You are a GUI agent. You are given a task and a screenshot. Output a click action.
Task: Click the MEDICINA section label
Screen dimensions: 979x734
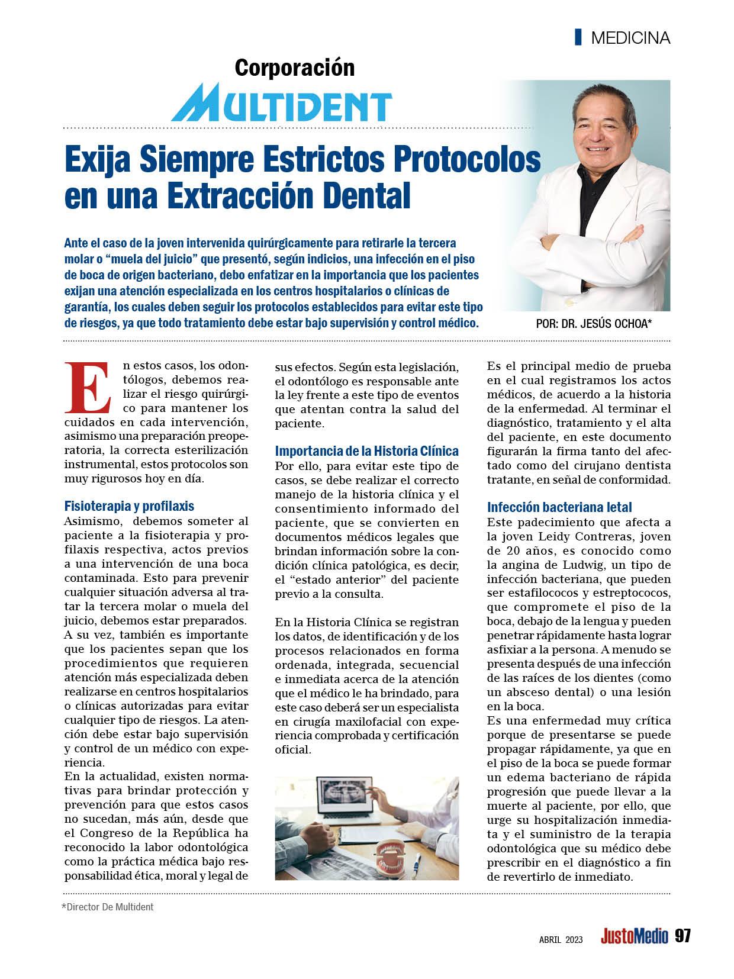pos(630,38)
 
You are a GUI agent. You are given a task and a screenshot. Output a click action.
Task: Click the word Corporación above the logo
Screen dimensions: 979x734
pos(294,67)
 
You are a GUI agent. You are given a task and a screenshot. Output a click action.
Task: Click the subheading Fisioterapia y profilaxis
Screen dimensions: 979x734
pos(129,506)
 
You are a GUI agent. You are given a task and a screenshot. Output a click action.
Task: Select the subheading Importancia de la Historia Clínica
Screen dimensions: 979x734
pos(366,451)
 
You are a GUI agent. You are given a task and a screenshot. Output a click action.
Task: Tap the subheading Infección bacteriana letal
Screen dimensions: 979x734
pos(559,507)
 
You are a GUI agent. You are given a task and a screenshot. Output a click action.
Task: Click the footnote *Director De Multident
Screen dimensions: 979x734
pos(108,907)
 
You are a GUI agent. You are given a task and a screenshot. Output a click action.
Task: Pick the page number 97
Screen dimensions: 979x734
pos(683,936)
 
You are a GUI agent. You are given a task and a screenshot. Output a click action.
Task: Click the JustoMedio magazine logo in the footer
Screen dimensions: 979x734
pos(634,936)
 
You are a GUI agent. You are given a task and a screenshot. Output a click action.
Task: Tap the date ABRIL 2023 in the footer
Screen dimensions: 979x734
pos(561,939)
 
